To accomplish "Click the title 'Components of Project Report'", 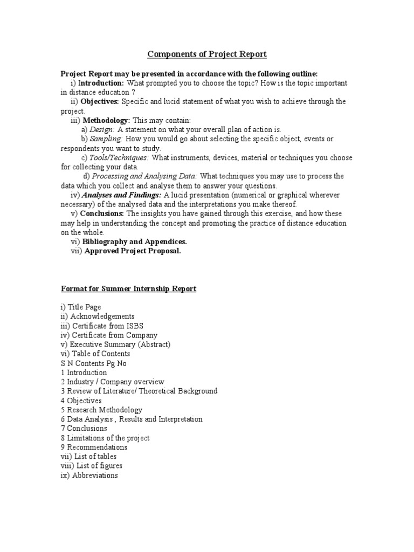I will tap(207, 54).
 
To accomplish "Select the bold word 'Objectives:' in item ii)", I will tap(100, 101).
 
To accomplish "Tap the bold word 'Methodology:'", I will tap(106, 120).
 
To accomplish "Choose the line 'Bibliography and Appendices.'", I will tap(134, 242).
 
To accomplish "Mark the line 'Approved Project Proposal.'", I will tap(131, 251).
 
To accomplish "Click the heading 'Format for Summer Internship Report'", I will tap(128, 289).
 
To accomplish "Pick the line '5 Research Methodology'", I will tap(101, 410).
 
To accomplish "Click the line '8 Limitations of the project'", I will tap(105, 438).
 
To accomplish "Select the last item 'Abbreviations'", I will tap(95, 475).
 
